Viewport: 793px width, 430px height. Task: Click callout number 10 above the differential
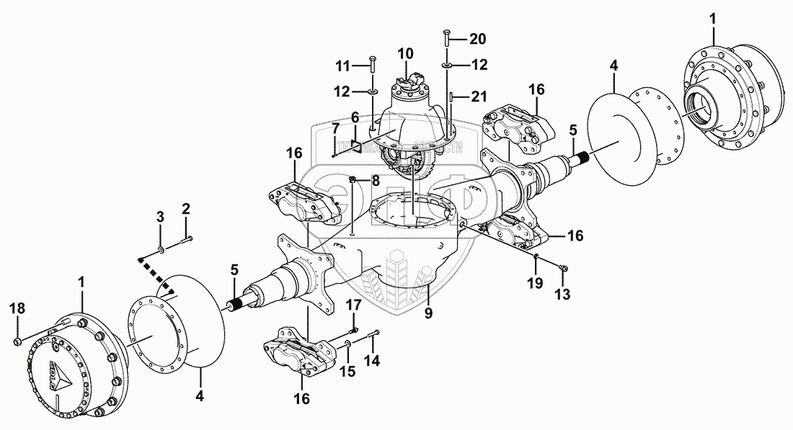[x=406, y=53]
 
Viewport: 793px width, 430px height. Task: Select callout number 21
[x=479, y=96]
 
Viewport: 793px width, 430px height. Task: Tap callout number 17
[x=353, y=305]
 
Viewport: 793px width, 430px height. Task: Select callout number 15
[x=347, y=372]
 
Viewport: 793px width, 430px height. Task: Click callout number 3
[x=161, y=217]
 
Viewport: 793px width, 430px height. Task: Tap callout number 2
[x=186, y=210]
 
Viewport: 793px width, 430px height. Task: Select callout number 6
[x=355, y=116]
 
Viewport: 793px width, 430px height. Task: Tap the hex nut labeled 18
[x=17, y=339]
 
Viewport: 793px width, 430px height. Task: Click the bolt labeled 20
[x=448, y=38]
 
